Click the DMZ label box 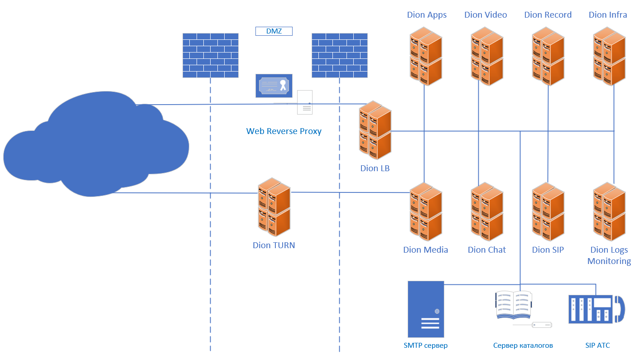coord(274,31)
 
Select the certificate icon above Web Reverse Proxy coord(274,86)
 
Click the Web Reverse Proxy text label coord(284,131)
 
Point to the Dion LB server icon coord(375,130)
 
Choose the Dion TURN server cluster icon coord(274,207)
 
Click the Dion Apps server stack coord(426,56)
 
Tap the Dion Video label coord(486,15)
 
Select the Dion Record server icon coord(548,56)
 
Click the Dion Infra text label coord(608,15)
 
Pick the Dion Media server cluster coord(426,211)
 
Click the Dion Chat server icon coord(487,211)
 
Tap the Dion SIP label coord(548,250)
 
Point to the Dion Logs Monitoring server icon coord(609,211)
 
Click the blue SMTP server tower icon coord(426,308)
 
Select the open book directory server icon coord(514,305)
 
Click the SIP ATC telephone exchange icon coord(596,309)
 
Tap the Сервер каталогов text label coord(523,346)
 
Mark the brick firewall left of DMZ coord(210,55)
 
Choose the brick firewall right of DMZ coord(339,55)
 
